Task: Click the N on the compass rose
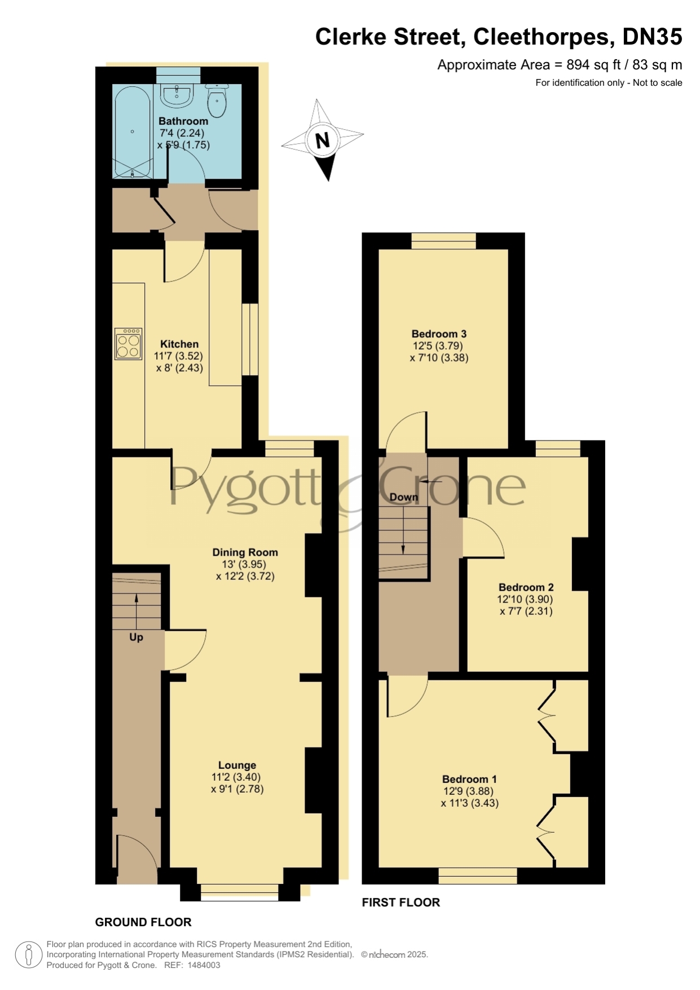point(322,140)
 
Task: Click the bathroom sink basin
point(178,94)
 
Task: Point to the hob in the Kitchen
point(129,344)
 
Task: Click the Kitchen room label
point(179,344)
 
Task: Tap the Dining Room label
point(245,552)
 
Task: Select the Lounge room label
point(237,765)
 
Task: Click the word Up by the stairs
point(136,637)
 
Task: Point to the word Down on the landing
point(404,497)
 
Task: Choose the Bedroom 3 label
point(439,334)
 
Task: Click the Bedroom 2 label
point(526,587)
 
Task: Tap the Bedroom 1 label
point(469,779)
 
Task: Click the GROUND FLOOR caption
point(143,922)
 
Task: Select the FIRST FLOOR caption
point(400,902)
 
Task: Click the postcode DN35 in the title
point(652,37)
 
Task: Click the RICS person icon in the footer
point(28,956)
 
